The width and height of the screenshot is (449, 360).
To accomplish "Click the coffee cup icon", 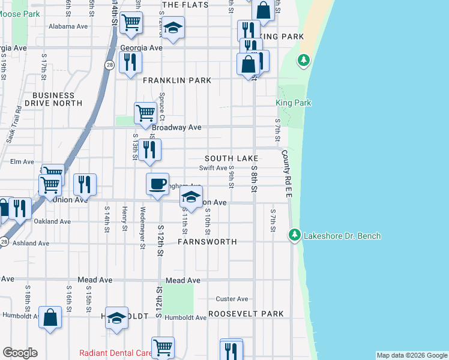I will click(158, 184).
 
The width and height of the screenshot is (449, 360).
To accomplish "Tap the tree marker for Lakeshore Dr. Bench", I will click(294, 234).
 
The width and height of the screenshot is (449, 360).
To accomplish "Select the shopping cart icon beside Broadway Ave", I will click(145, 112).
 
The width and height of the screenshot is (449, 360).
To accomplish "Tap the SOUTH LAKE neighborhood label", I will click(231, 158).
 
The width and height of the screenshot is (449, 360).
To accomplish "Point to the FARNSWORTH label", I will click(207, 242).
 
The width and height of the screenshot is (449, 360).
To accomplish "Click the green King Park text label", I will click(294, 103).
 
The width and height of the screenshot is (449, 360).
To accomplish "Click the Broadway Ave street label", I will click(176, 128).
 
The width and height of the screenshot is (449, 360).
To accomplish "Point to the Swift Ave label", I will click(213, 169).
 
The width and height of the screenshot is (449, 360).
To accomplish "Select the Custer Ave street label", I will click(232, 299).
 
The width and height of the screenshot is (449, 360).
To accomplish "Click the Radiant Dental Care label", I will click(116, 353).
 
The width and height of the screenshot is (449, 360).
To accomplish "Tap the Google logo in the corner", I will click(20, 353).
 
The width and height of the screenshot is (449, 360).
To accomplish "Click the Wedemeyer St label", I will click(142, 224).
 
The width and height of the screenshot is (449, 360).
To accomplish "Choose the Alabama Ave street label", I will click(68, 26).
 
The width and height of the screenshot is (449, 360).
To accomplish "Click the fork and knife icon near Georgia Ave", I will click(130, 62).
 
